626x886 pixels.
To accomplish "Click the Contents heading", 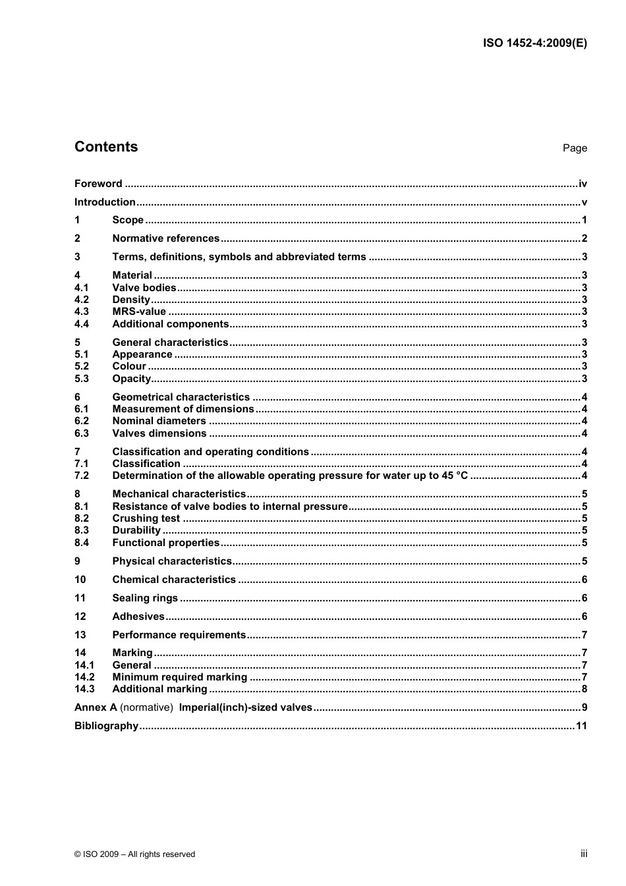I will [x=106, y=147].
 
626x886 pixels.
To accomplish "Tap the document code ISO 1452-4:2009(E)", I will [x=534, y=43].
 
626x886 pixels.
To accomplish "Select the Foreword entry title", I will [x=98, y=184].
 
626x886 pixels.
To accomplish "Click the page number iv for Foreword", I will [x=583, y=184].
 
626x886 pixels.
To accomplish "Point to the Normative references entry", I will [x=165, y=238].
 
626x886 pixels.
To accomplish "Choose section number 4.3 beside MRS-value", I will [x=82, y=312].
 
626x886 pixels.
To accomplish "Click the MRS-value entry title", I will [x=139, y=312].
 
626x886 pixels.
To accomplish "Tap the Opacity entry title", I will [x=132, y=379].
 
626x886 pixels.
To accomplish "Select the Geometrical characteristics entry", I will [x=181, y=397].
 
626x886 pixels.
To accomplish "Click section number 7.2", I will [x=82, y=476].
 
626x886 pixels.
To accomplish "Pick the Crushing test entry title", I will [x=146, y=518].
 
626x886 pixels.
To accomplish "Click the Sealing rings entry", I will [x=145, y=598].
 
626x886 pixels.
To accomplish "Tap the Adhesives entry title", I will [x=138, y=617].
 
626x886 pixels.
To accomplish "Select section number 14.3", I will [x=84, y=689].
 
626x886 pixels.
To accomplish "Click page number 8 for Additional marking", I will [x=584, y=689].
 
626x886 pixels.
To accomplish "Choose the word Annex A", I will [x=96, y=707].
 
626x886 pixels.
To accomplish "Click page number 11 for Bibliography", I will [x=581, y=726].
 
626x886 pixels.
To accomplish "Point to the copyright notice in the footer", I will [x=135, y=854].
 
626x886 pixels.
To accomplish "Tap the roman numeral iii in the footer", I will [x=584, y=854].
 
